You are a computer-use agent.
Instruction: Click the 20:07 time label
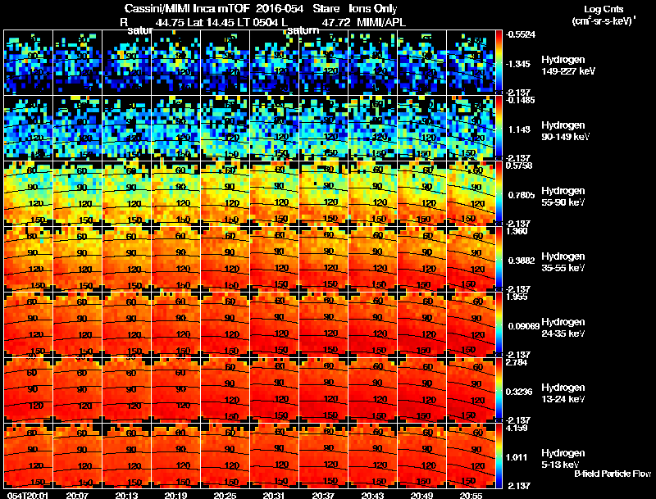77,495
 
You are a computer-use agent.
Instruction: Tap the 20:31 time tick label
274,495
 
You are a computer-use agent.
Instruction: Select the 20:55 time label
471,495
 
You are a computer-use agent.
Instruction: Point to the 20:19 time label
175,495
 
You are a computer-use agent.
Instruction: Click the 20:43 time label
372,495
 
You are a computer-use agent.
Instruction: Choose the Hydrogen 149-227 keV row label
563,66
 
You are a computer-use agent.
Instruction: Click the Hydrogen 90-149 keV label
563,131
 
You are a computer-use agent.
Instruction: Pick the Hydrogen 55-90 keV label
563,197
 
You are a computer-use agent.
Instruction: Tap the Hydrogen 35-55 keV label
563,262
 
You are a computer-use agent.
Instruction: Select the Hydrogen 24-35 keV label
563,328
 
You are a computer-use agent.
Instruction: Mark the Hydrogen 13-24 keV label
563,393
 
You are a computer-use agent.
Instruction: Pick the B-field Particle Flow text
613,474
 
